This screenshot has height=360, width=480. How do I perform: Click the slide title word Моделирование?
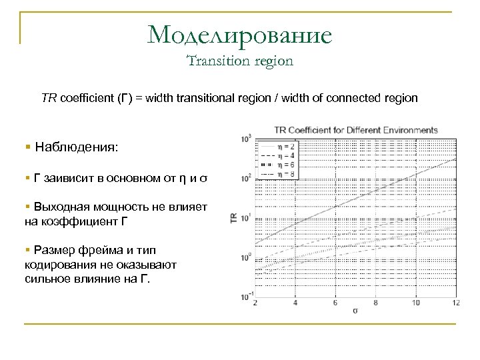click(240, 34)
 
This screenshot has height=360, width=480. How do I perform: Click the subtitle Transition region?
click(240, 61)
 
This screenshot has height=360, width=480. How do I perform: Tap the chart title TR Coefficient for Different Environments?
click(356, 129)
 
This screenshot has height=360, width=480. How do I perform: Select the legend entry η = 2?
click(286, 147)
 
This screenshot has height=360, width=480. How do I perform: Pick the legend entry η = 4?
click(286, 155)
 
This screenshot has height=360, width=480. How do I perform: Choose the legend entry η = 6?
click(286, 164)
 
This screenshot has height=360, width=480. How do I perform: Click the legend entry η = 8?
click(286, 173)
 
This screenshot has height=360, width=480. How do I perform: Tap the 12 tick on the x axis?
click(456, 303)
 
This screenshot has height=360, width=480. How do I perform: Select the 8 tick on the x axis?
click(376, 303)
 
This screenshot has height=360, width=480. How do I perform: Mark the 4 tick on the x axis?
click(296, 303)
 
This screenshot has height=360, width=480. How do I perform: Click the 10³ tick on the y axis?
click(247, 139)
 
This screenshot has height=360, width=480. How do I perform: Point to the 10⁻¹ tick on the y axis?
click(246, 296)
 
